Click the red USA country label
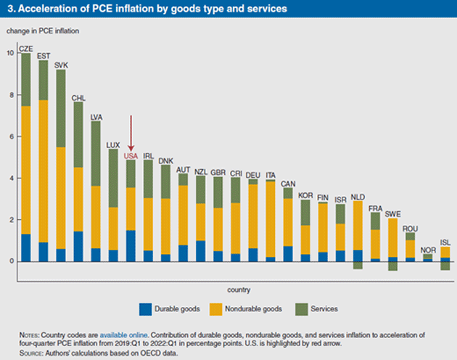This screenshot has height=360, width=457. pyautogui.click(x=131, y=155)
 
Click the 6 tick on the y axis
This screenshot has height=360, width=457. pyautogui.click(x=10, y=136)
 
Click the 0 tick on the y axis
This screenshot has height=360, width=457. pyautogui.click(x=10, y=261)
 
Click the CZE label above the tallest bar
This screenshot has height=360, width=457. pyautogui.click(x=26, y=48)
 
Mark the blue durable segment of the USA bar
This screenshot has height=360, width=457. pyautogui.click(x=131, y=245)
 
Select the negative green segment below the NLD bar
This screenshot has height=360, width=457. pyautogui.click(x=356, y=265)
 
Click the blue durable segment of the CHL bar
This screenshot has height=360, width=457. pyautogui.click(x=78, y=246)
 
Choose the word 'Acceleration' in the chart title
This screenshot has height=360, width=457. pyautogui.click(x=44, y=9)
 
